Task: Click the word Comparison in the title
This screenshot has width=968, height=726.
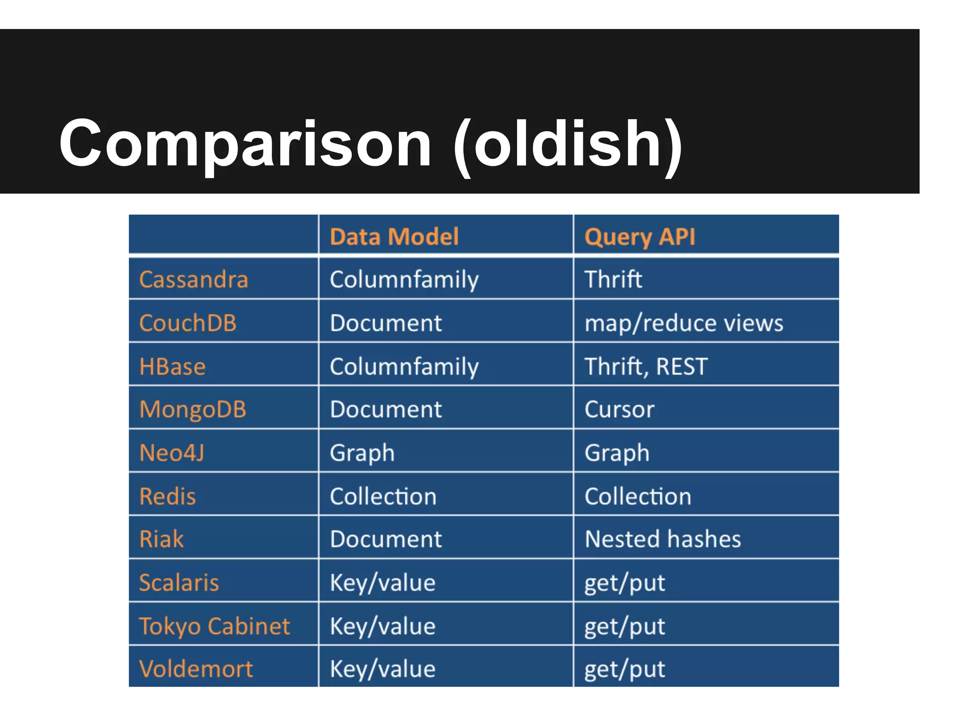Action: pos(245,144)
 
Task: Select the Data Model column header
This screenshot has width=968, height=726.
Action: pos(394,236)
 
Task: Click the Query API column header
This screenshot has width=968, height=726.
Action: pos(640,236)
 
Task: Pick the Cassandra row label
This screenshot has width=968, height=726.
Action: pos(193,279)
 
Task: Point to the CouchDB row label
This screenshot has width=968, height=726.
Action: pos(188,323)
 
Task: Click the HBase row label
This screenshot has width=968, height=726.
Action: pos(173,367)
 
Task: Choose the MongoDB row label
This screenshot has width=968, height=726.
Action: pos(193,410)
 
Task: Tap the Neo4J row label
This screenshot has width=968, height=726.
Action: pos(172,453)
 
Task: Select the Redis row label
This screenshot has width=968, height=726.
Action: pos(167,496)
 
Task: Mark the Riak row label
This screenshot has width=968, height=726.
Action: pos(161,539)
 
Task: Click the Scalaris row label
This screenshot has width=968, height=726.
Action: pos(179,582)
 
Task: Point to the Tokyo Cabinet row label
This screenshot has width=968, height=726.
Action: pos(214,626)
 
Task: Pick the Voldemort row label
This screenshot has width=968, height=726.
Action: pos(196,669)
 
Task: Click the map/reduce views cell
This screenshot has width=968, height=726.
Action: pos(683,323)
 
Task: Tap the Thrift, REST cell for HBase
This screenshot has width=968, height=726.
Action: pos(646,367)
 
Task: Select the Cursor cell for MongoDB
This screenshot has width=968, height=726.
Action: pos(619,410)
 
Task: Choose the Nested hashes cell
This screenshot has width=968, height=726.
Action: pos(663,539)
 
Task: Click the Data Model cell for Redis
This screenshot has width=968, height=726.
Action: pos(383,496)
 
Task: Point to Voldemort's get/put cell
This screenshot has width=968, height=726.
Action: pos(624,669)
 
